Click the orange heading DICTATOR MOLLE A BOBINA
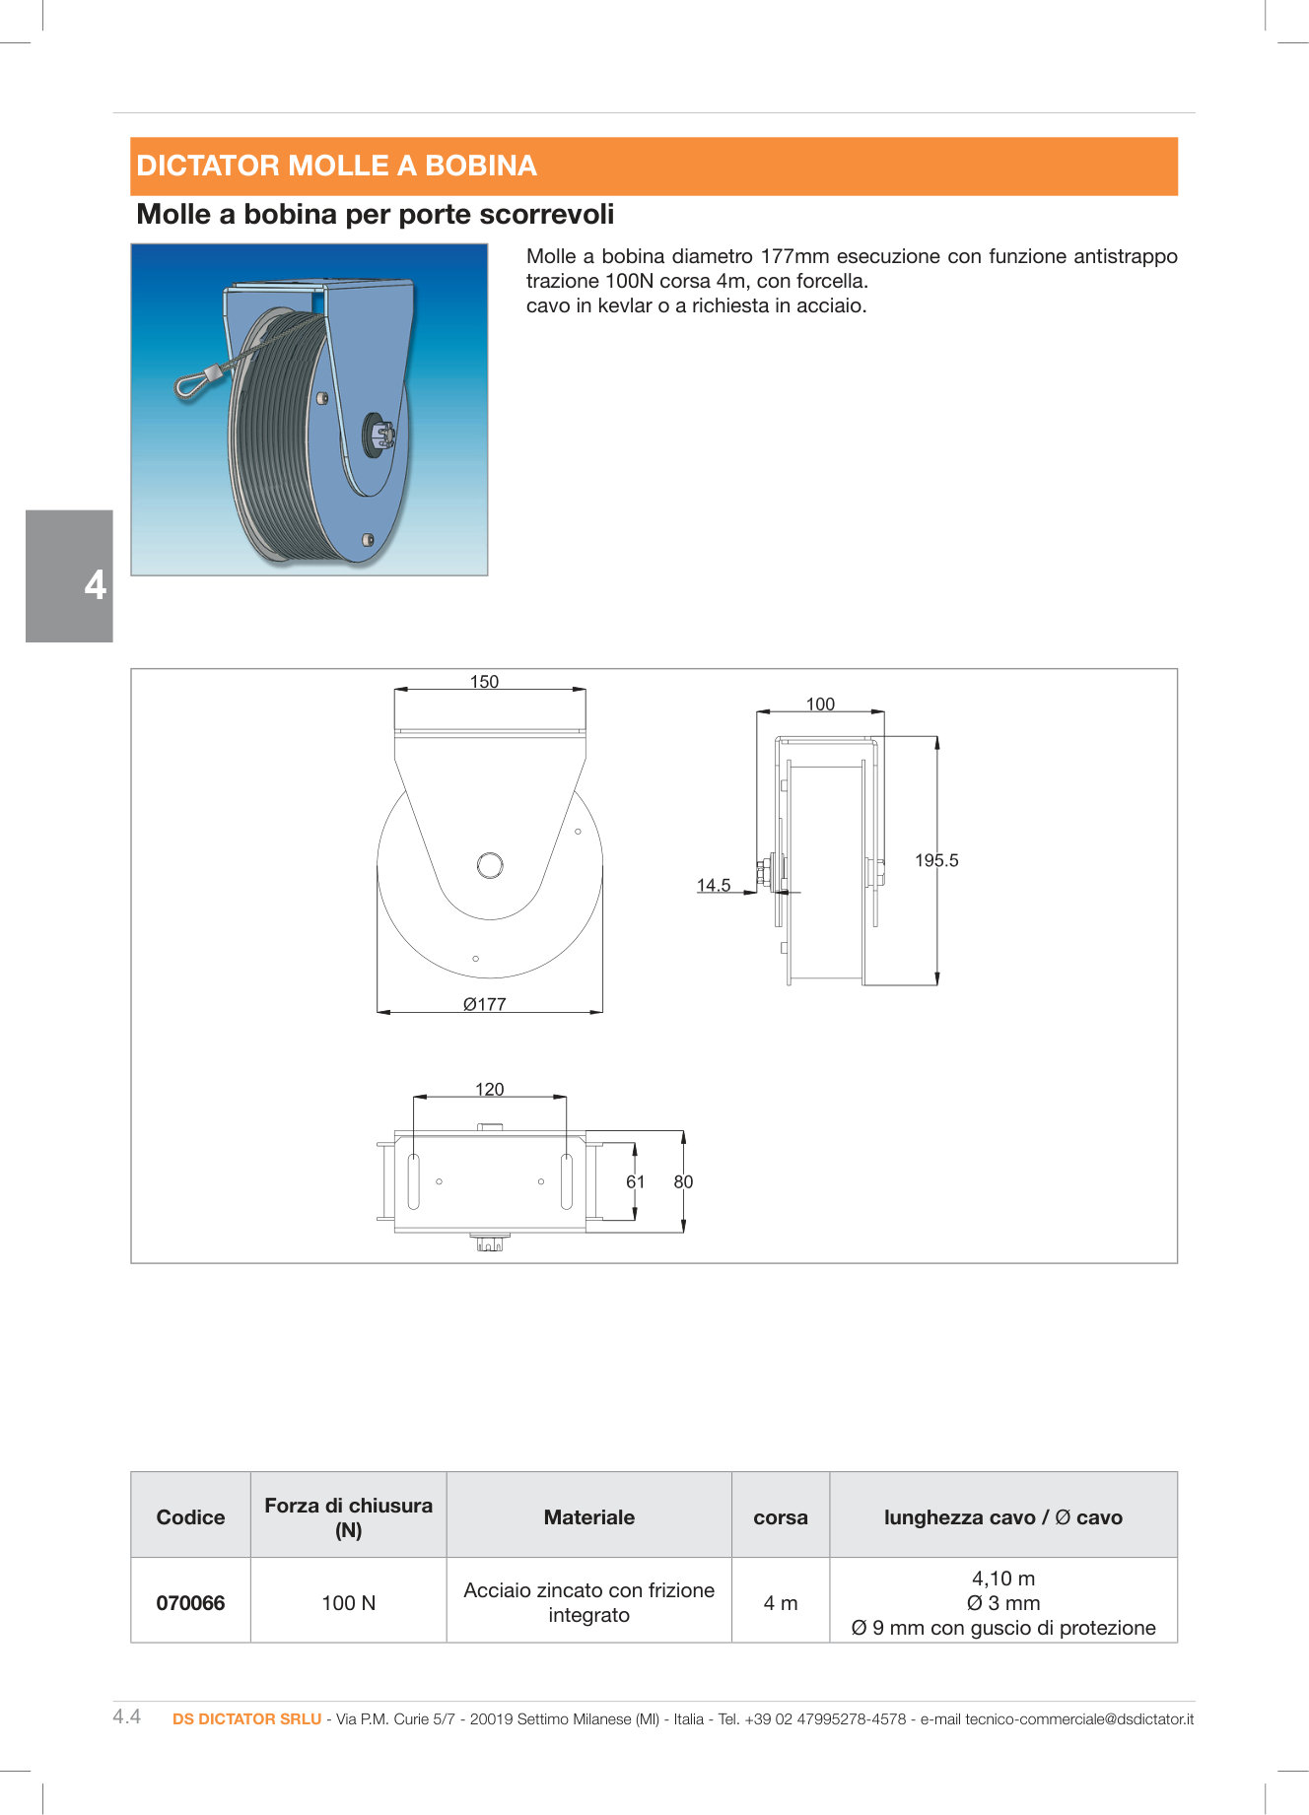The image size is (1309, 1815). point(336,166)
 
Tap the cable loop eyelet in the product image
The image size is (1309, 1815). point(191,384)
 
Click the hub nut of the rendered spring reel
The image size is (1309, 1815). point(382,435)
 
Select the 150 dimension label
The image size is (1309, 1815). point(484,682)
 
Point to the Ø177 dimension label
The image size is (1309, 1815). point(484,1004)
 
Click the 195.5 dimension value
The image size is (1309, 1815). point(935,860)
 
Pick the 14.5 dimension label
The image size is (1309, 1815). point(714,885)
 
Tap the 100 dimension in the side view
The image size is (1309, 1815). point(820,705)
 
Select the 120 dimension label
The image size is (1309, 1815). point(489,1089)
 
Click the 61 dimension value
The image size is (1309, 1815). point(636,1181)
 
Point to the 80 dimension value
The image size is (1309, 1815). point(683,1181)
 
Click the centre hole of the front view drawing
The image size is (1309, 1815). point(490,865)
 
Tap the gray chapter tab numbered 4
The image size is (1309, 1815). point(70,576)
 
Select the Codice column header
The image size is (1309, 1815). point(190,1516)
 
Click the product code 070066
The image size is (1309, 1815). point(190,1602)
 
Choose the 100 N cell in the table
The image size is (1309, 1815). point(348,1602)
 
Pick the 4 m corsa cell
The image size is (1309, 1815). point(781,1602)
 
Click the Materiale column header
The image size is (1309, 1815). point(588,1516)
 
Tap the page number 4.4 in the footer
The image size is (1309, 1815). point(127,1716)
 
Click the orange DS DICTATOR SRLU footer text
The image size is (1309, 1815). point(246,1718)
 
